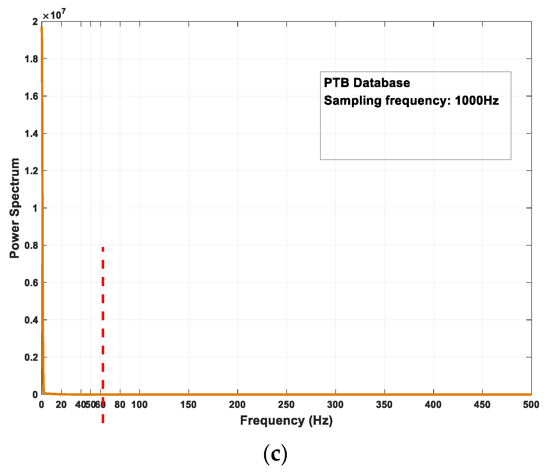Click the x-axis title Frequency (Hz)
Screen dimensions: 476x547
(x=286, y=421)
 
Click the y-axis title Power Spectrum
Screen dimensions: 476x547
(x=15, y=208)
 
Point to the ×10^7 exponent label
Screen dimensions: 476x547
(x=54, y=15)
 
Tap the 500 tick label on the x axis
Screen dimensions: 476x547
(x=531, y=405)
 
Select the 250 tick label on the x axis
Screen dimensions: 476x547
(x=286, y=405)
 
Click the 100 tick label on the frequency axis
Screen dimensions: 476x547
(x=139, y=405)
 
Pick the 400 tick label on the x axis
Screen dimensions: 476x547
(x=433, y=405)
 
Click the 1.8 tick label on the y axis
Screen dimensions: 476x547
(x=31, y=59)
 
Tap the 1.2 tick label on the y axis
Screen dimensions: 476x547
(x=31, y=171)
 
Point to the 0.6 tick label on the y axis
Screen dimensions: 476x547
(x=31, y=283)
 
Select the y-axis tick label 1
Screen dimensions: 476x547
(x=35, y=208)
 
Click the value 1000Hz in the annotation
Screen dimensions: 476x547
(x=477, y=101)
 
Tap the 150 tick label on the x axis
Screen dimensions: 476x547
(x=188, y=405)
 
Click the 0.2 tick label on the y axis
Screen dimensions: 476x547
(x=31, y=357)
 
